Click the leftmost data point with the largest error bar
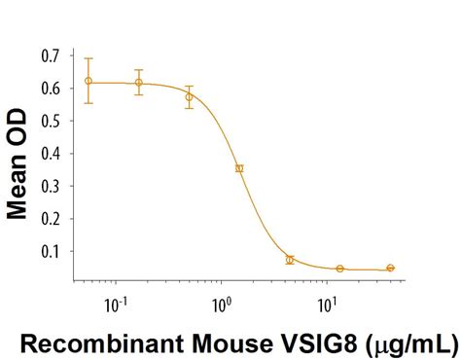point(89,81)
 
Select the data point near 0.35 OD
point(239,168)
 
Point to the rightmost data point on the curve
point(390,268)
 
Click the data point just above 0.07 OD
point(290,260)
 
